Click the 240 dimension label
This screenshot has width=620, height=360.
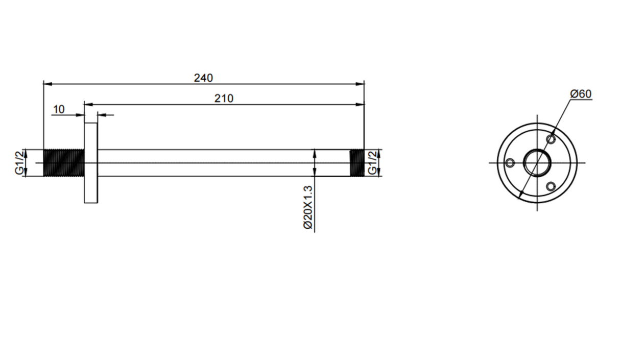[203, 78]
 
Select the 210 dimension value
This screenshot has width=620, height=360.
[224, 99]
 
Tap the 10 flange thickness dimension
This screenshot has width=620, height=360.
[59, 110]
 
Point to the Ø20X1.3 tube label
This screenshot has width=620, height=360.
[308, 207]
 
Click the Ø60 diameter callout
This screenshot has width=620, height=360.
[581, 94]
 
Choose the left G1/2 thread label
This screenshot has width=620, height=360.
[19, 163]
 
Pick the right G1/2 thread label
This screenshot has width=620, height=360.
[372, 163]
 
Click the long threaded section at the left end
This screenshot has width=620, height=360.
[64, 163]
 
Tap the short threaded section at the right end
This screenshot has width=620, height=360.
[357, 163]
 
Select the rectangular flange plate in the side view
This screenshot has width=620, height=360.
[91, 163]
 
